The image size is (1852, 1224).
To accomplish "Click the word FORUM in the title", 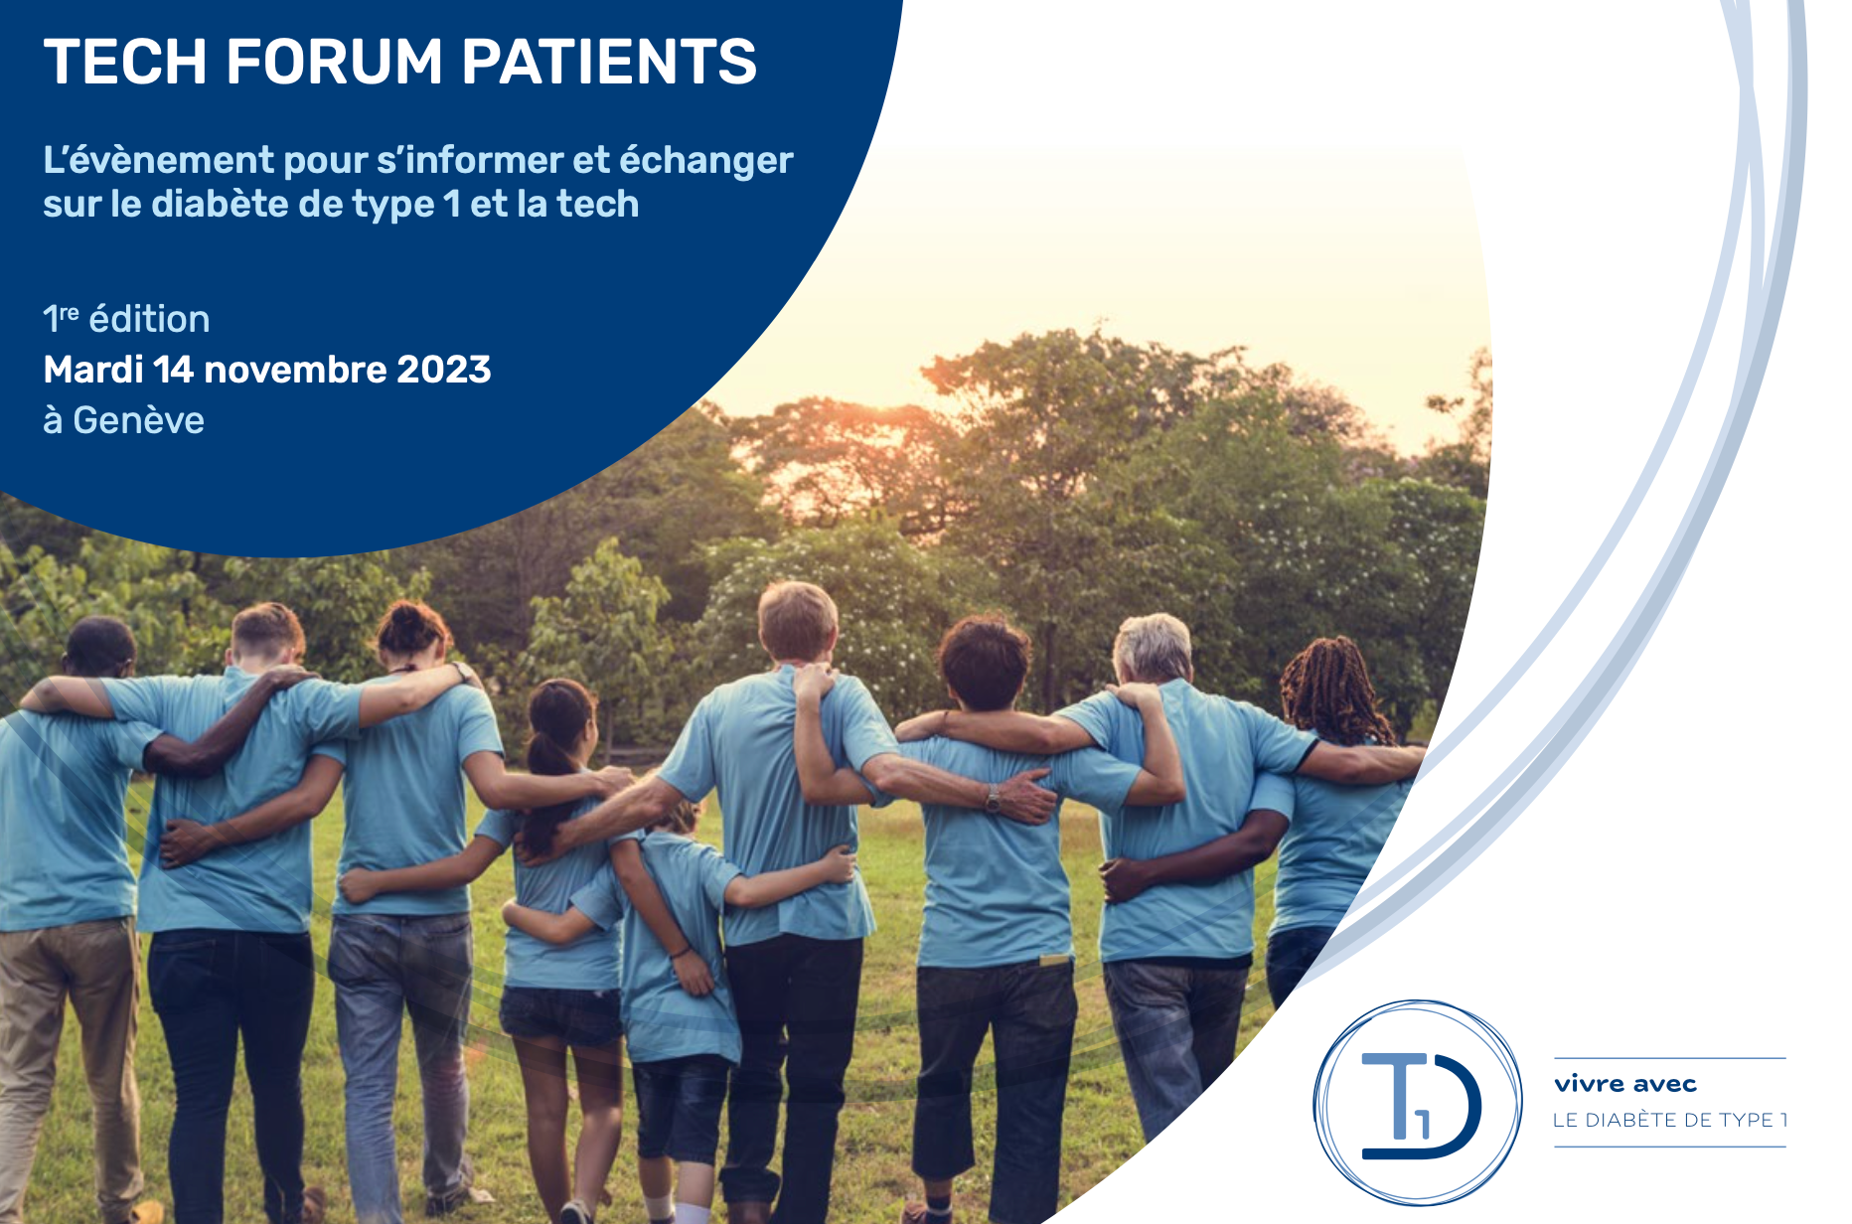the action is [x=334, y=62].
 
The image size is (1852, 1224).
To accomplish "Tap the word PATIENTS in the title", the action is [x=609, y=62].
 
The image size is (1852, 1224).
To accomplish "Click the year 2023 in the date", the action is [x=443, y=370].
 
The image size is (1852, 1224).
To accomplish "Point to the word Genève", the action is [x=139, y=420].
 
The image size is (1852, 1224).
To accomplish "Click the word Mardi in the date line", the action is [x=93, y=370].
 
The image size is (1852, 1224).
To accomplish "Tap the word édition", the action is [x=149, y=319].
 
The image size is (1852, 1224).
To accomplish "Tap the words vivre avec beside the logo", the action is [x=1625, y=1084].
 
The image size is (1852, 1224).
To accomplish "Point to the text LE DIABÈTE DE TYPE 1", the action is [x=1670, y=1120].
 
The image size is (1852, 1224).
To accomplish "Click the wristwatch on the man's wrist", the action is [x=992, y=798].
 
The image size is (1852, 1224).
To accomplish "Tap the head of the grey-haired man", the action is [x=1153, y=649].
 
